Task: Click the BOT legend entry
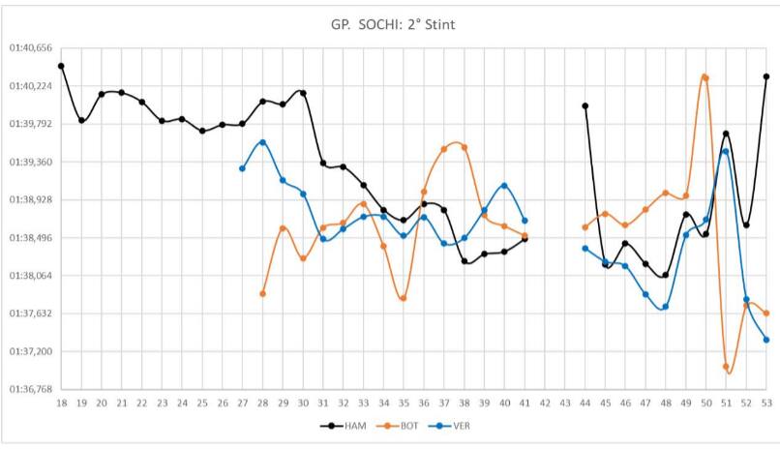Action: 399,426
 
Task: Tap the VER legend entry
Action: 452,426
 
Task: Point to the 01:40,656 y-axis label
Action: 29,47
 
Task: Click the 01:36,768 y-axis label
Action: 29,389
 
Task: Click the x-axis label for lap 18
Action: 61,402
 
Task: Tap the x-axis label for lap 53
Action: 766,402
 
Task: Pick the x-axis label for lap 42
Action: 545,402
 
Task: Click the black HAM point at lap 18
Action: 61,66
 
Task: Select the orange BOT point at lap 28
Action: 263,293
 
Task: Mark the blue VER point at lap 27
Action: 243,168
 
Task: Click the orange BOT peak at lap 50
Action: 705,77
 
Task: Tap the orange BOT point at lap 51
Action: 726,367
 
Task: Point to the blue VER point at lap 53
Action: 766,340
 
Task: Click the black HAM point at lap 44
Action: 585,105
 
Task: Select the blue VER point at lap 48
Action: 666,307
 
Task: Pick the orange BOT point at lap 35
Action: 404,298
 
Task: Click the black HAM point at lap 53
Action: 766,75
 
